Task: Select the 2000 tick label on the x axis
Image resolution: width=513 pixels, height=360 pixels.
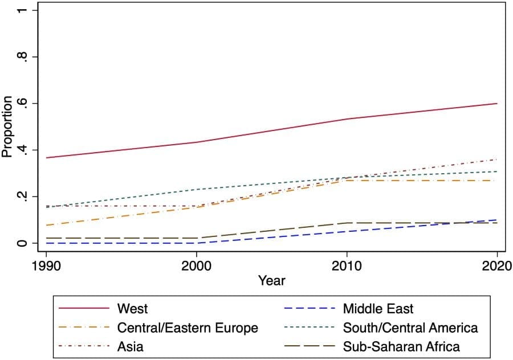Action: point(197,265)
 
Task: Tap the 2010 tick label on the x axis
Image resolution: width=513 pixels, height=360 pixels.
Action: point(347,265)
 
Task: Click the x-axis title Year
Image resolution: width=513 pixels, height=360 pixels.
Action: point(271,281)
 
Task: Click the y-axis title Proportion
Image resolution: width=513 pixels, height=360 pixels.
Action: point(7,126)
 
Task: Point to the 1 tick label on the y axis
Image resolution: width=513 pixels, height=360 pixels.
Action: point(22,11)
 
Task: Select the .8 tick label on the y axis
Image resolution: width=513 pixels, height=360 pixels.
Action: point(22,58)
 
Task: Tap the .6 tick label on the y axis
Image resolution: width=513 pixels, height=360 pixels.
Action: point(22,104)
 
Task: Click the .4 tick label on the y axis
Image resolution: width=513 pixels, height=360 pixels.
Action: point(22,150)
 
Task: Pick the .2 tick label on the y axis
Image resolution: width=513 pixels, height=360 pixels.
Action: point(22,197)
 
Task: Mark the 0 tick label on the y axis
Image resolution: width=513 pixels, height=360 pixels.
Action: point(22,243)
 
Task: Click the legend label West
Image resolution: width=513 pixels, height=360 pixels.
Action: point(132,309)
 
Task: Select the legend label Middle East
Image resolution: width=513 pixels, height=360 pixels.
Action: point(378,309)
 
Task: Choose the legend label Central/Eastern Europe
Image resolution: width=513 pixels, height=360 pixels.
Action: point(188,328)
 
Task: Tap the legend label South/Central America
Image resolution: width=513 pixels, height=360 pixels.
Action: point(410,328)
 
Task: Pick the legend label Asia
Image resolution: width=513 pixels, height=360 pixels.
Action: point(130,346)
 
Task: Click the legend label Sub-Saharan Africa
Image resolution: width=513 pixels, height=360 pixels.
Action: point(401,346)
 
